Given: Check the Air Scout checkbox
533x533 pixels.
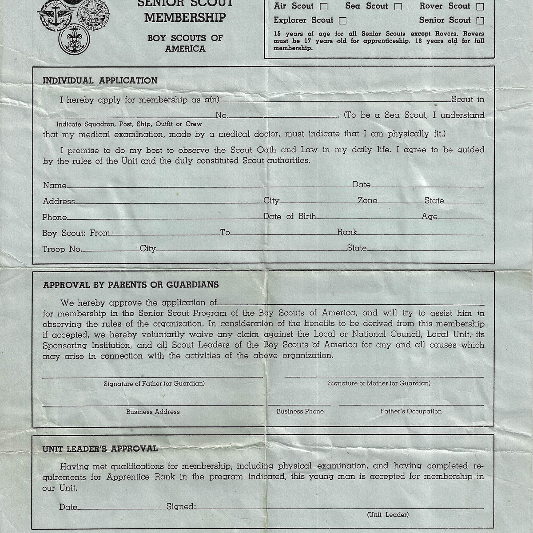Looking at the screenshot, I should point(324,7).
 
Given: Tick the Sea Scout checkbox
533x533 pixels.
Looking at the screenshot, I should point(398,7).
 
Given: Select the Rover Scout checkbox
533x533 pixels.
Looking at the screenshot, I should point(480,7).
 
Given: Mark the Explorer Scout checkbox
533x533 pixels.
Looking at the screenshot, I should point(342,20).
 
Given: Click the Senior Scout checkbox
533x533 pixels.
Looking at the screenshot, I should point(480,20).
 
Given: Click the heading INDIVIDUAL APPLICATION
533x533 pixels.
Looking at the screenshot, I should point(100,81).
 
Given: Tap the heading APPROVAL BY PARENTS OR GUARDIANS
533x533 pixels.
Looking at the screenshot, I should point(131,285).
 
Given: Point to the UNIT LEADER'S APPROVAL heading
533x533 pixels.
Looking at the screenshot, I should point(100,449).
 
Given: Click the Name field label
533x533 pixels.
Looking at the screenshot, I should point(55,185).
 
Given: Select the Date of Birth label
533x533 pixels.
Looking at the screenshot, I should point(290,216).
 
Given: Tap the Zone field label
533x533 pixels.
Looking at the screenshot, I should point(368,201).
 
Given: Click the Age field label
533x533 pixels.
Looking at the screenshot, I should point(430,217).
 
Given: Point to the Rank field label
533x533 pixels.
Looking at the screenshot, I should point(347,232).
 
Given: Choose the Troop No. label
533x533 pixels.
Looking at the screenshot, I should point(62,249).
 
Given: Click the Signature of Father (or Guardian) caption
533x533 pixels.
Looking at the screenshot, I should point(154,383).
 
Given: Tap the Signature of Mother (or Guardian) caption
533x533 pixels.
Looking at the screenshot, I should point(379,383).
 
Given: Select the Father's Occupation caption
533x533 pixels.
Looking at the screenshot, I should point(411,411).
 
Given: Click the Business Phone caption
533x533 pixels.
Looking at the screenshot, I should point(300,411).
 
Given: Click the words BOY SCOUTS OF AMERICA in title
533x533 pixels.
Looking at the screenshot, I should point(185,43).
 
